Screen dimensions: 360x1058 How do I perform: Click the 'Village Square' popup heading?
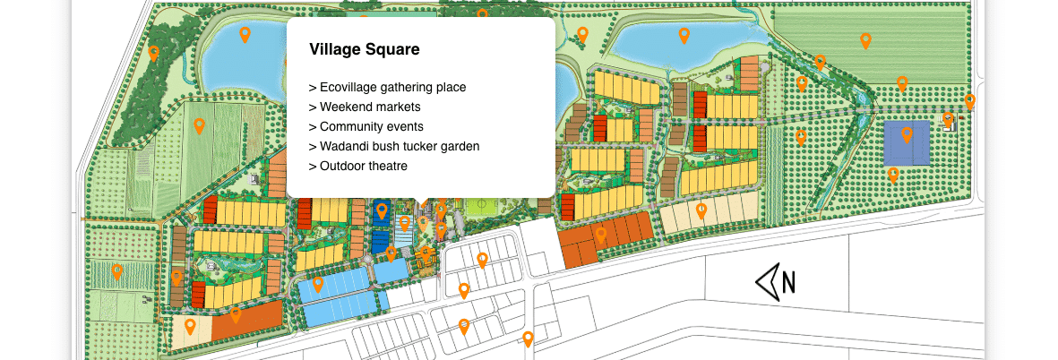tap(364, 50)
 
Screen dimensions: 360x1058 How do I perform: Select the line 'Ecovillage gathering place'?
tap(387, 87)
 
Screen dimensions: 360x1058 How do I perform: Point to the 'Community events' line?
tap(366, 126)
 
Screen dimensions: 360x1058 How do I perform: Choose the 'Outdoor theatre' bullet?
tap(358, 166)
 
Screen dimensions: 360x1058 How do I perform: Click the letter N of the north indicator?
tap(788, 282)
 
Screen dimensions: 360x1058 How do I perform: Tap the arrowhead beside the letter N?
tap(767, 282)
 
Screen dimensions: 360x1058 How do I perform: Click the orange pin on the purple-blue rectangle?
tap(907, 134)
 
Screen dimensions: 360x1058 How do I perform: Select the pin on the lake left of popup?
tap(245, 34)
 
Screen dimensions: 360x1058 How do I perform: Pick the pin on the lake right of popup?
tap(684, 35)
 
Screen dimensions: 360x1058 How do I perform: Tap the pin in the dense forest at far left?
tap(153, 53)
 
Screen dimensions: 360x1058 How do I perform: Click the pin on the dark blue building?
tap(382, 210)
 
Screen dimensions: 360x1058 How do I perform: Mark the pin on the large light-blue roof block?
tap(318, 284)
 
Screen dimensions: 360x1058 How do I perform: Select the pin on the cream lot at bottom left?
tap(190, 326)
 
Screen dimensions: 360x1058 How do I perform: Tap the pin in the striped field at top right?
tap(865, 40)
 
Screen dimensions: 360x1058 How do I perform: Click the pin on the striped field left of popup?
tap(200, 125)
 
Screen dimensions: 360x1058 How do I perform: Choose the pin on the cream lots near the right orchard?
tap(701, 210)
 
